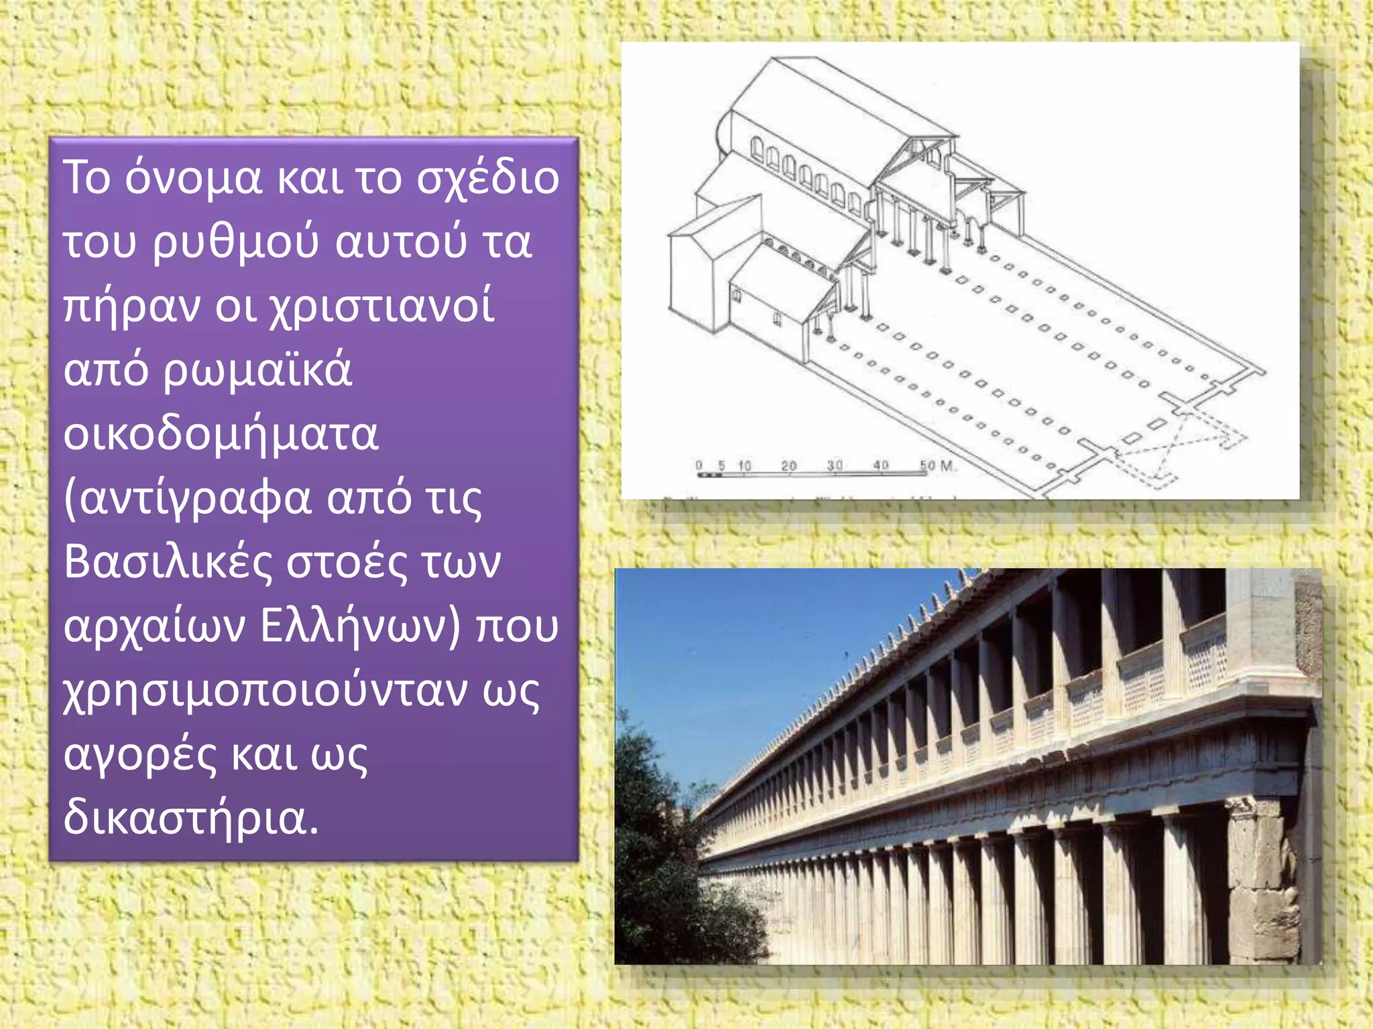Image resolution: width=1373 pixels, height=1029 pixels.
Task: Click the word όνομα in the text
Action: coord(194,178)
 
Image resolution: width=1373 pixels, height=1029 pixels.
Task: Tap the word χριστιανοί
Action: coord(381,307)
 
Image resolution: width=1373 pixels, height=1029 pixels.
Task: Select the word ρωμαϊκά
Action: coord(257,370)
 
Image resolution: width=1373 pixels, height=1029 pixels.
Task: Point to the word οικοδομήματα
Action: coord(221,434)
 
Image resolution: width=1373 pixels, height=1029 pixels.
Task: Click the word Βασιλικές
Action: coord(168,562)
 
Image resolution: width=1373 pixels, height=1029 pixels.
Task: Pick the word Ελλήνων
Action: coord(361,626)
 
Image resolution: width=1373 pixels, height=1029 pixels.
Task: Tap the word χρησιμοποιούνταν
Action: coord(265,691)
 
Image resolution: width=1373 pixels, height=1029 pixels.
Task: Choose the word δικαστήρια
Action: coord(191,819)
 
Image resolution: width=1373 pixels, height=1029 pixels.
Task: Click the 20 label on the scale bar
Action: coord(789,465)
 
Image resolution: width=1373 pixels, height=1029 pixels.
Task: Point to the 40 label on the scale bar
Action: coord(881,465)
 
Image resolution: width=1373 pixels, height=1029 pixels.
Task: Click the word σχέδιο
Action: coord(487,178)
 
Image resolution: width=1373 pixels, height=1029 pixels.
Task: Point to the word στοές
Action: coord(346,562)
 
